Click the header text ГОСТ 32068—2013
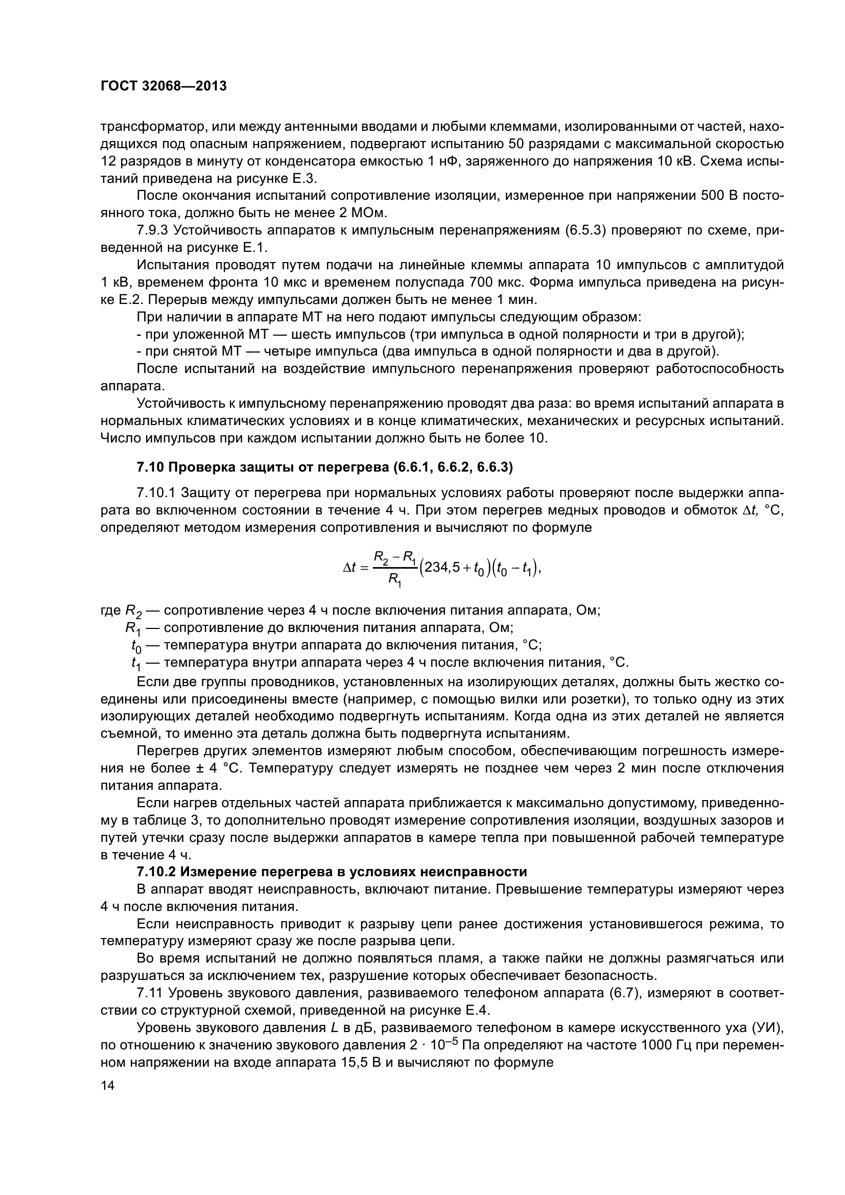point(163,86)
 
